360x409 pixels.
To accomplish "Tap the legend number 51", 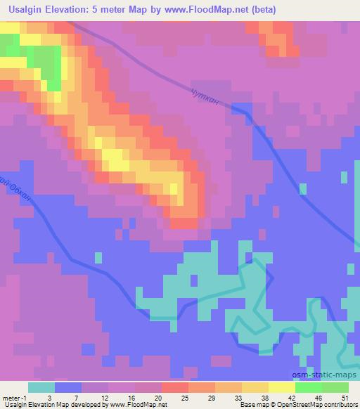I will tap(345, 398).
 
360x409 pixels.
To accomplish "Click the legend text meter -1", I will tap(13, 398).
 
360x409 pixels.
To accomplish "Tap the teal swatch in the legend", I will tap(41, 387).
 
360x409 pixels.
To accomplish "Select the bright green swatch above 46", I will tap(308, 387).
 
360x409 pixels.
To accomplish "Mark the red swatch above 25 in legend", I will tap(174, 387).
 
